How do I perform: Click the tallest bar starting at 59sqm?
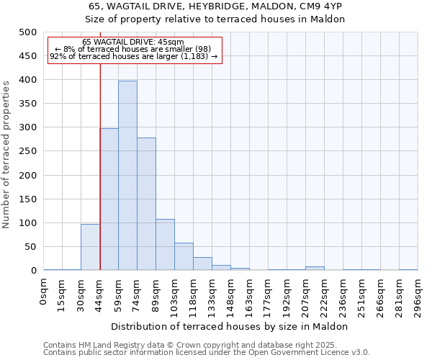coord(127,176)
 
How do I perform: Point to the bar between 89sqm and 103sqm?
coord(165,245)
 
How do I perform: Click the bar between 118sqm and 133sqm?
coord(202,264)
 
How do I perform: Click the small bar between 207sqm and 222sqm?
coord(315,269)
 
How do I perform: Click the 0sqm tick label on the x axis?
coord(44,293)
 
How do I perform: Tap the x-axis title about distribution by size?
coord(230,326)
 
